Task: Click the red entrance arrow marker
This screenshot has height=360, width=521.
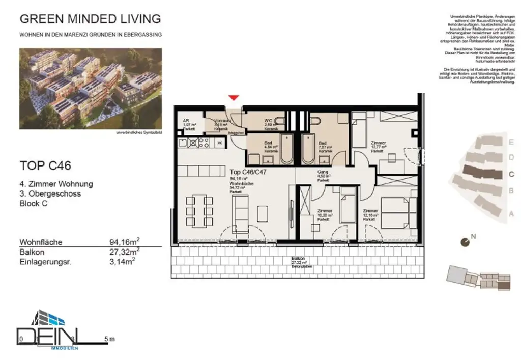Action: [234, 98]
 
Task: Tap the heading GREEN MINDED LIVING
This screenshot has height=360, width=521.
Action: [90, 19]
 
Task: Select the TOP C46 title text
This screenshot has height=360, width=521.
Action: [45, 165]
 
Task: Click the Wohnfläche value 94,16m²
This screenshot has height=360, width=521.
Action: [125, 242]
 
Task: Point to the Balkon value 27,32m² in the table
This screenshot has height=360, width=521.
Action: [125, 252]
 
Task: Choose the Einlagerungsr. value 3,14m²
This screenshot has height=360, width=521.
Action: [122, 262]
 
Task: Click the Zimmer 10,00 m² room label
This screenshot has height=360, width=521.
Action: [325, 214]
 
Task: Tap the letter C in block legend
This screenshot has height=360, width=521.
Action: [511, 174]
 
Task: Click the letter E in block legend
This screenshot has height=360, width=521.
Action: [511, 142]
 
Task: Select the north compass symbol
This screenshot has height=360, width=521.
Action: [465, 243]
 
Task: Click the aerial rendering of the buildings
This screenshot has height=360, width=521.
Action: [90, 89]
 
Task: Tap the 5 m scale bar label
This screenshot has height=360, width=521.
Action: [109, 339]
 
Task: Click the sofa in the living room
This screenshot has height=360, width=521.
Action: [241, 212]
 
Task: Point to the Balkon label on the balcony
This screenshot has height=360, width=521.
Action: [298, 259]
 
